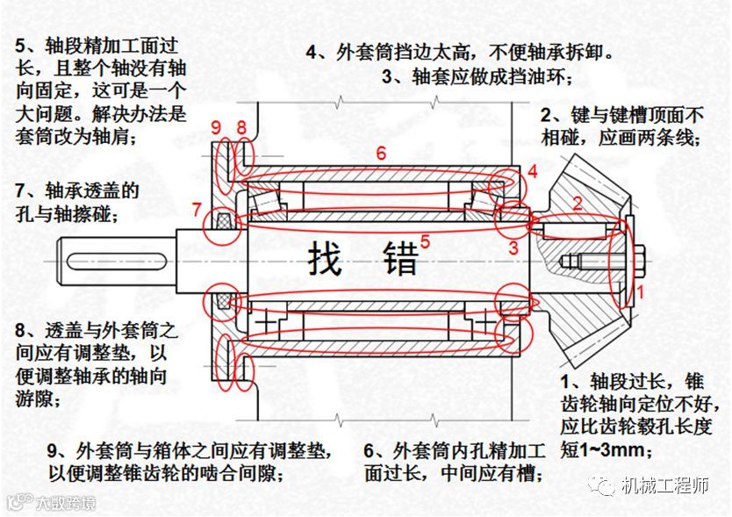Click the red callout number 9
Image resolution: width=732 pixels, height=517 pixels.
[x=217, y=128]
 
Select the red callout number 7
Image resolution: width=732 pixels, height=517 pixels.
[x=197, y=210]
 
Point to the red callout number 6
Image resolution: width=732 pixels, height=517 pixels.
[x=380, y=153]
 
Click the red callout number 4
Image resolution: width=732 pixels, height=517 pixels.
[x=534, y=172]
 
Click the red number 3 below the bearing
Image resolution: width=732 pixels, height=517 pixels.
[x=513, y=248]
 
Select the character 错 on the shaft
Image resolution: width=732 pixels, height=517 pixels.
[x=398, y=259]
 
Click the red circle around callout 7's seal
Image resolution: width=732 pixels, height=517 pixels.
[x=219, y=227]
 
